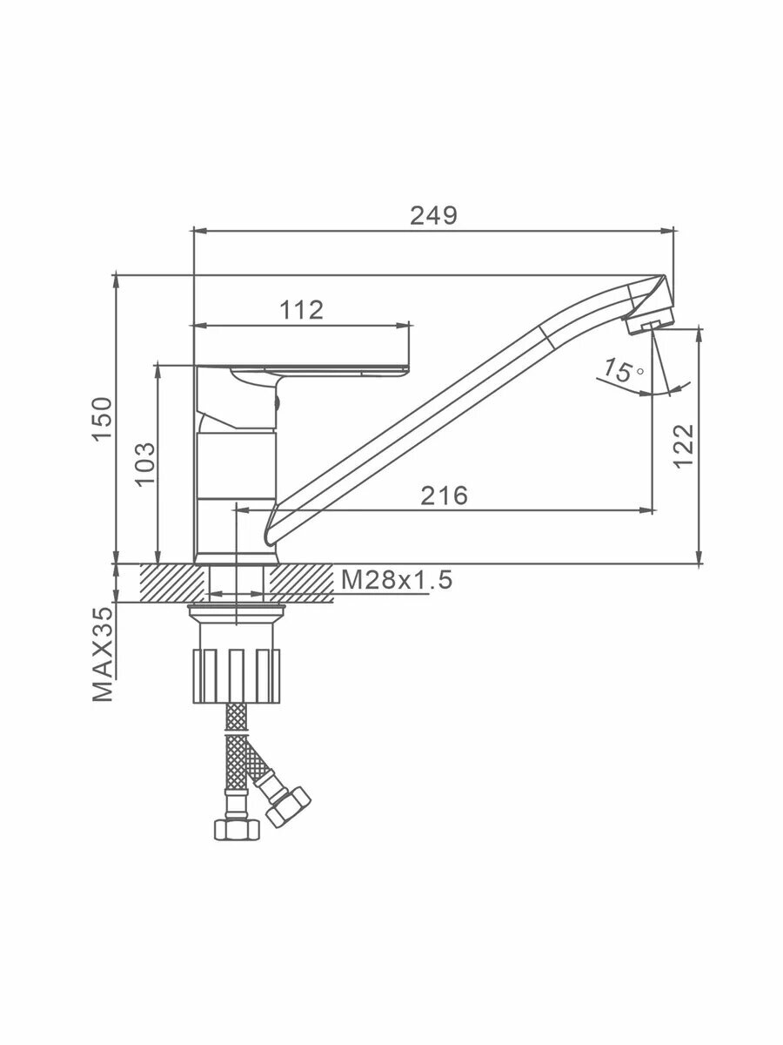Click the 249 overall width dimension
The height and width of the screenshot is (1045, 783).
point(433,216)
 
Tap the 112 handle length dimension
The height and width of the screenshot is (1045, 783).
point(301,310)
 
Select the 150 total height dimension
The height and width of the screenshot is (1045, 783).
point(103,419)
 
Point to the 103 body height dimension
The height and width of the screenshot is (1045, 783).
point(145,463)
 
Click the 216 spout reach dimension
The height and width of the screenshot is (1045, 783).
point(444,496)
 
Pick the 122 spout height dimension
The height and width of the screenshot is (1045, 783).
point(684,446)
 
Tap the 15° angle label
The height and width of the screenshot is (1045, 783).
point(623,370)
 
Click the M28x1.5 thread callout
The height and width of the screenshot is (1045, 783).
point(397,580)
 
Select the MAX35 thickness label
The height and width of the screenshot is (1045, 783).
point(103,655)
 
